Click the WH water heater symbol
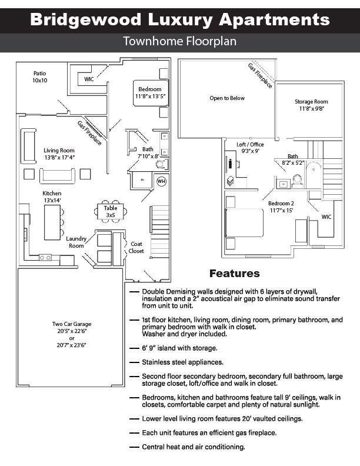161,181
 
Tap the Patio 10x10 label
40,76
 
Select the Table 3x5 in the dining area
111,211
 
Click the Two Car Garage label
72,324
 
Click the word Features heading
234,274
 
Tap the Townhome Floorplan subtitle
179,41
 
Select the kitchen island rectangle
52,222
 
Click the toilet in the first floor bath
161,164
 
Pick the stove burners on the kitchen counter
45,257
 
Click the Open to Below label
227,98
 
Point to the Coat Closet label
136,247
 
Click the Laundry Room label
76,242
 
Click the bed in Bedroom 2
245,222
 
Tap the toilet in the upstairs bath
297,181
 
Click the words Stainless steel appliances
182,362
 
